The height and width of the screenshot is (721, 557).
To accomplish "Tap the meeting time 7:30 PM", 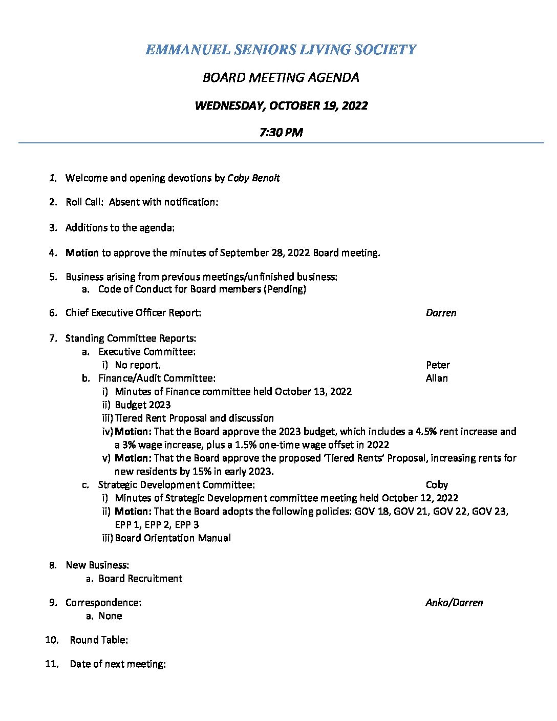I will tap(281, 132).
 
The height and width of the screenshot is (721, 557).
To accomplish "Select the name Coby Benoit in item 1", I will tap(253, 178).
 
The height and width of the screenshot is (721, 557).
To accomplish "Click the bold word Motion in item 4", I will tap(82, 252).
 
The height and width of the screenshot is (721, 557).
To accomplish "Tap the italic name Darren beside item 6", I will tap(441, 312).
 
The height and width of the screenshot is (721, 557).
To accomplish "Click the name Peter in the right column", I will tap(438, 365).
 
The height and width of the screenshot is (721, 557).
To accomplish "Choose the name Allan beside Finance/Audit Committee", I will tap(437, 378).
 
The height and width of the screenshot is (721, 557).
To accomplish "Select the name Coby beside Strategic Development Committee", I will tap(437, 484).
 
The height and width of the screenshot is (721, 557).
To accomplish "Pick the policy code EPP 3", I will tap(187, 524).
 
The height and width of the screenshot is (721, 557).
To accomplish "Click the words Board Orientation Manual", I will tap(173, 538).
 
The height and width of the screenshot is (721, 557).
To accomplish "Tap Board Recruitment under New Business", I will tap(140, 578).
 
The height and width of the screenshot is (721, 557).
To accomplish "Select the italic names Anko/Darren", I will tap(454, 602).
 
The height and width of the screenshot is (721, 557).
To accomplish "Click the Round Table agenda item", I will tap(99, 640).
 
